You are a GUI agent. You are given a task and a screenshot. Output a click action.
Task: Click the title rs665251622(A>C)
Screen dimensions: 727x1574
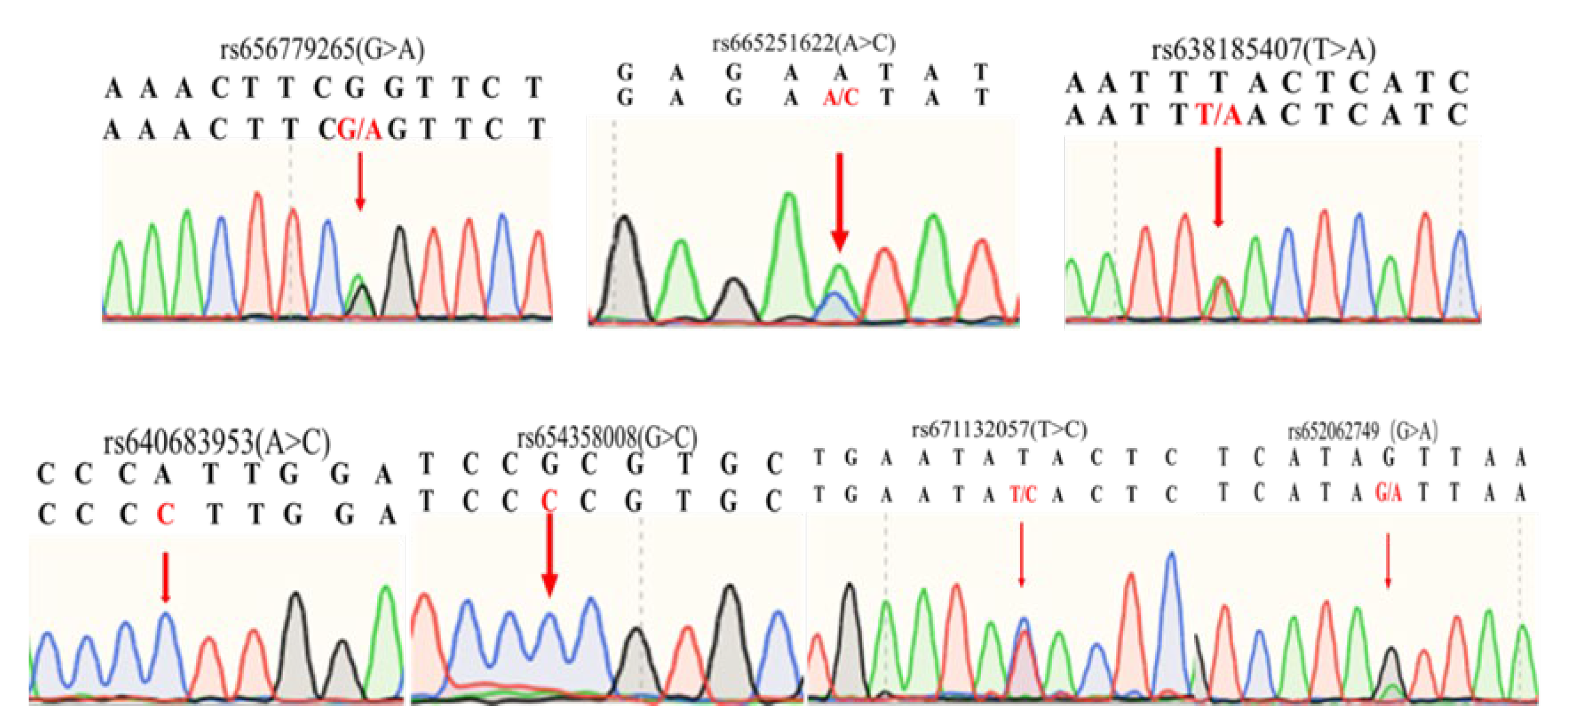pos(803,43)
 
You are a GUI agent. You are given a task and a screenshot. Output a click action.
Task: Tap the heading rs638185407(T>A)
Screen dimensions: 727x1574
pos(1263,50)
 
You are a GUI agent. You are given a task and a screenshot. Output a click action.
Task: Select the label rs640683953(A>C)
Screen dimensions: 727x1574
pos(217,442)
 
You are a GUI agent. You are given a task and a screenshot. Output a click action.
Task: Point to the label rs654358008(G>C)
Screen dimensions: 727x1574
pos(607,438)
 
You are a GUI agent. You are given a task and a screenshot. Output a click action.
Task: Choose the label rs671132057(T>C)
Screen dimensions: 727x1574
pos(999,430)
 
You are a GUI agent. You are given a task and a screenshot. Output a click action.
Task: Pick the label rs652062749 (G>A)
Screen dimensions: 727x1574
pos(1362,432)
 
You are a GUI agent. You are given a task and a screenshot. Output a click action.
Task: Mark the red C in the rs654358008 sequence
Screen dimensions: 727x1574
pos(549,501)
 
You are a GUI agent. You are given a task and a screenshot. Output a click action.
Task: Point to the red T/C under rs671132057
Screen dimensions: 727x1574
pos(1022,494)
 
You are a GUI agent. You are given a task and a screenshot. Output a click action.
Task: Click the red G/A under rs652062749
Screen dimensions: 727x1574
pos(1387,493)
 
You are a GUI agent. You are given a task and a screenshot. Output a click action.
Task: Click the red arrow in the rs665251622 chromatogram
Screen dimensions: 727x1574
pos(840,201)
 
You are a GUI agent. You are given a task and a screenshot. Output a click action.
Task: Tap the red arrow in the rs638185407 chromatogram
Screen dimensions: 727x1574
pos(1218,187)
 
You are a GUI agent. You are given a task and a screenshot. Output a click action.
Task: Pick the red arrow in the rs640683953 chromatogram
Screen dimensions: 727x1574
pos(165,577)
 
